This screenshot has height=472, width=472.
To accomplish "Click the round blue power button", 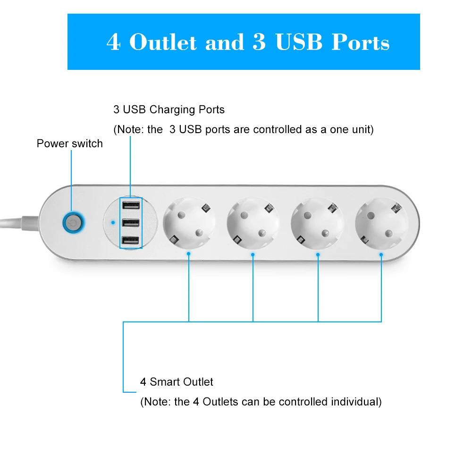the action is (74, 223).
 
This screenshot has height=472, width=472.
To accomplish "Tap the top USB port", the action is (131, 205).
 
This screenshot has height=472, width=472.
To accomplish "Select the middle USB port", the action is (131, 222).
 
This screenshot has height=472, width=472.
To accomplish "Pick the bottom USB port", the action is (131, 240).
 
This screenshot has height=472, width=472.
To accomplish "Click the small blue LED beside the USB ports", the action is (113, 222).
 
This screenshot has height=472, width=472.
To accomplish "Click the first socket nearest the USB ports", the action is (189, 223).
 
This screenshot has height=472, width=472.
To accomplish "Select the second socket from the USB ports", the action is (253, 223).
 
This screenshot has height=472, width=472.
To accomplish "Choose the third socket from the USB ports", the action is (317, 223).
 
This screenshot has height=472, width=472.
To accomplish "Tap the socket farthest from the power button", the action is (381, 223).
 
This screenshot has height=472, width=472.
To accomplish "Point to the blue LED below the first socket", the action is (188, 254).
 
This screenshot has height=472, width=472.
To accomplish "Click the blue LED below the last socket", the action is (381, 255).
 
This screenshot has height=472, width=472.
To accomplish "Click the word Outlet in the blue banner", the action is (163, 42).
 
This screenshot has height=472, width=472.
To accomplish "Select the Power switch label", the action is (69, 143).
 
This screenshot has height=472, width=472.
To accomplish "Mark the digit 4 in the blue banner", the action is (113, 42).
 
